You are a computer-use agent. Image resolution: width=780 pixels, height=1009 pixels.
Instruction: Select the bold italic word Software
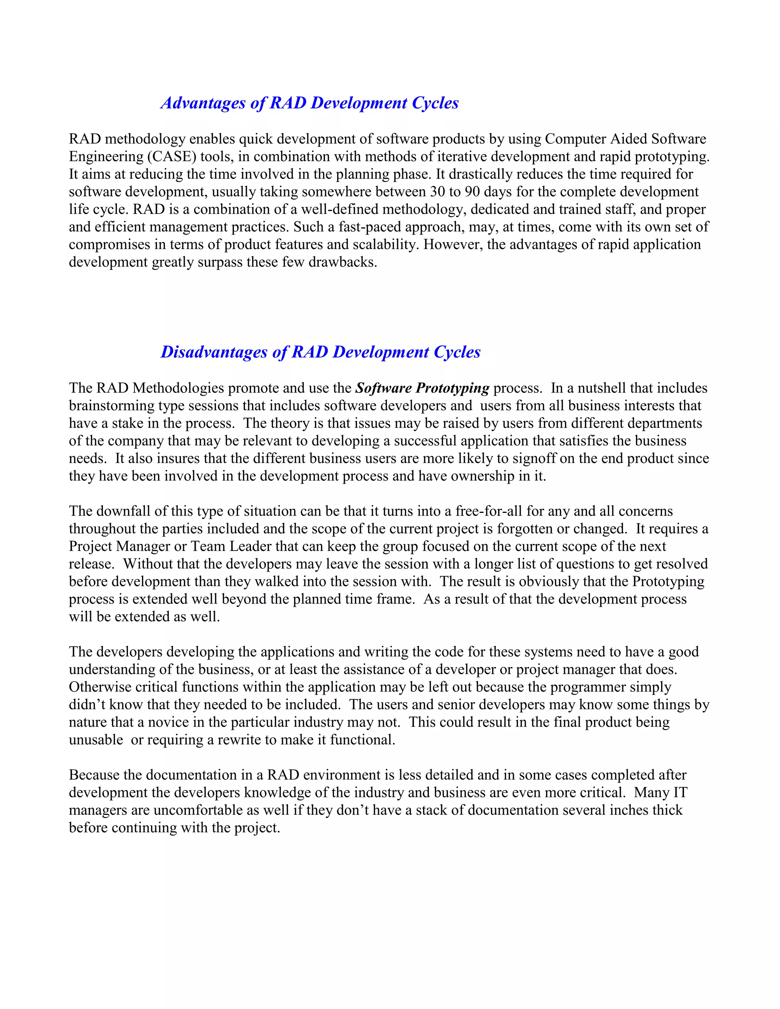(x=383, y=388)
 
